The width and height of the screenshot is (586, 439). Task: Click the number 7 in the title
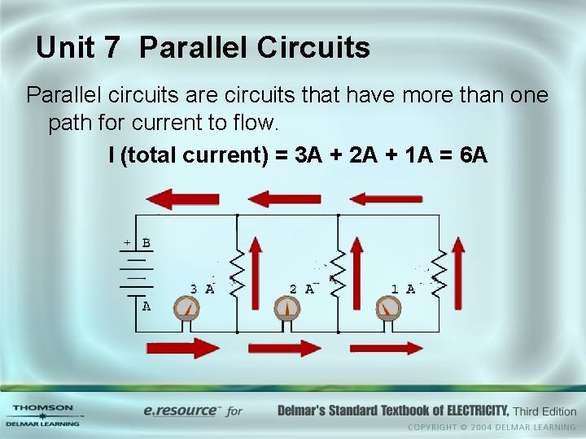pos(112,48)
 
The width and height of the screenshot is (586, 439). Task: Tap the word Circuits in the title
pos(313,48)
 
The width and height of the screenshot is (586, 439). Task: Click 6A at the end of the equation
pos(473,154)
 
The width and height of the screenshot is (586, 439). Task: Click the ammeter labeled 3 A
pos(186,309)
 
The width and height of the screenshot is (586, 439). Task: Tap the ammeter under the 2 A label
pos(287,309)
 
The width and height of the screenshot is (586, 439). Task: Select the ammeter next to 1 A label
pos(388,309)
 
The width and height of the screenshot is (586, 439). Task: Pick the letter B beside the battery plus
pos(146,243)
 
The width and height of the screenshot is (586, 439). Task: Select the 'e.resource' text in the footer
pos(181,411)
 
